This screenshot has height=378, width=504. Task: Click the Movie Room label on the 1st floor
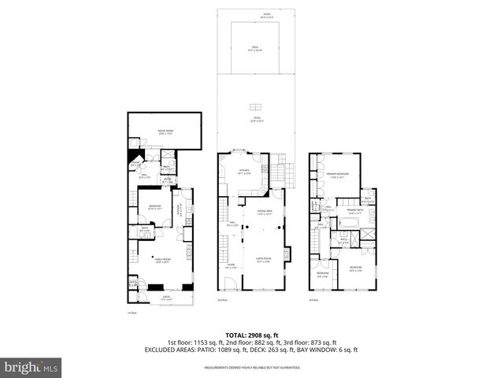click(165, 132)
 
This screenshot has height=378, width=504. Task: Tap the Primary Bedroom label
click(339, 176)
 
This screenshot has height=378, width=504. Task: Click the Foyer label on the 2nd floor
click(231, 265)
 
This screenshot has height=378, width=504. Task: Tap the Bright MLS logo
click(31, 367)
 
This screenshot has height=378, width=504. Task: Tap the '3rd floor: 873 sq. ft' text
click(309, 343)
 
